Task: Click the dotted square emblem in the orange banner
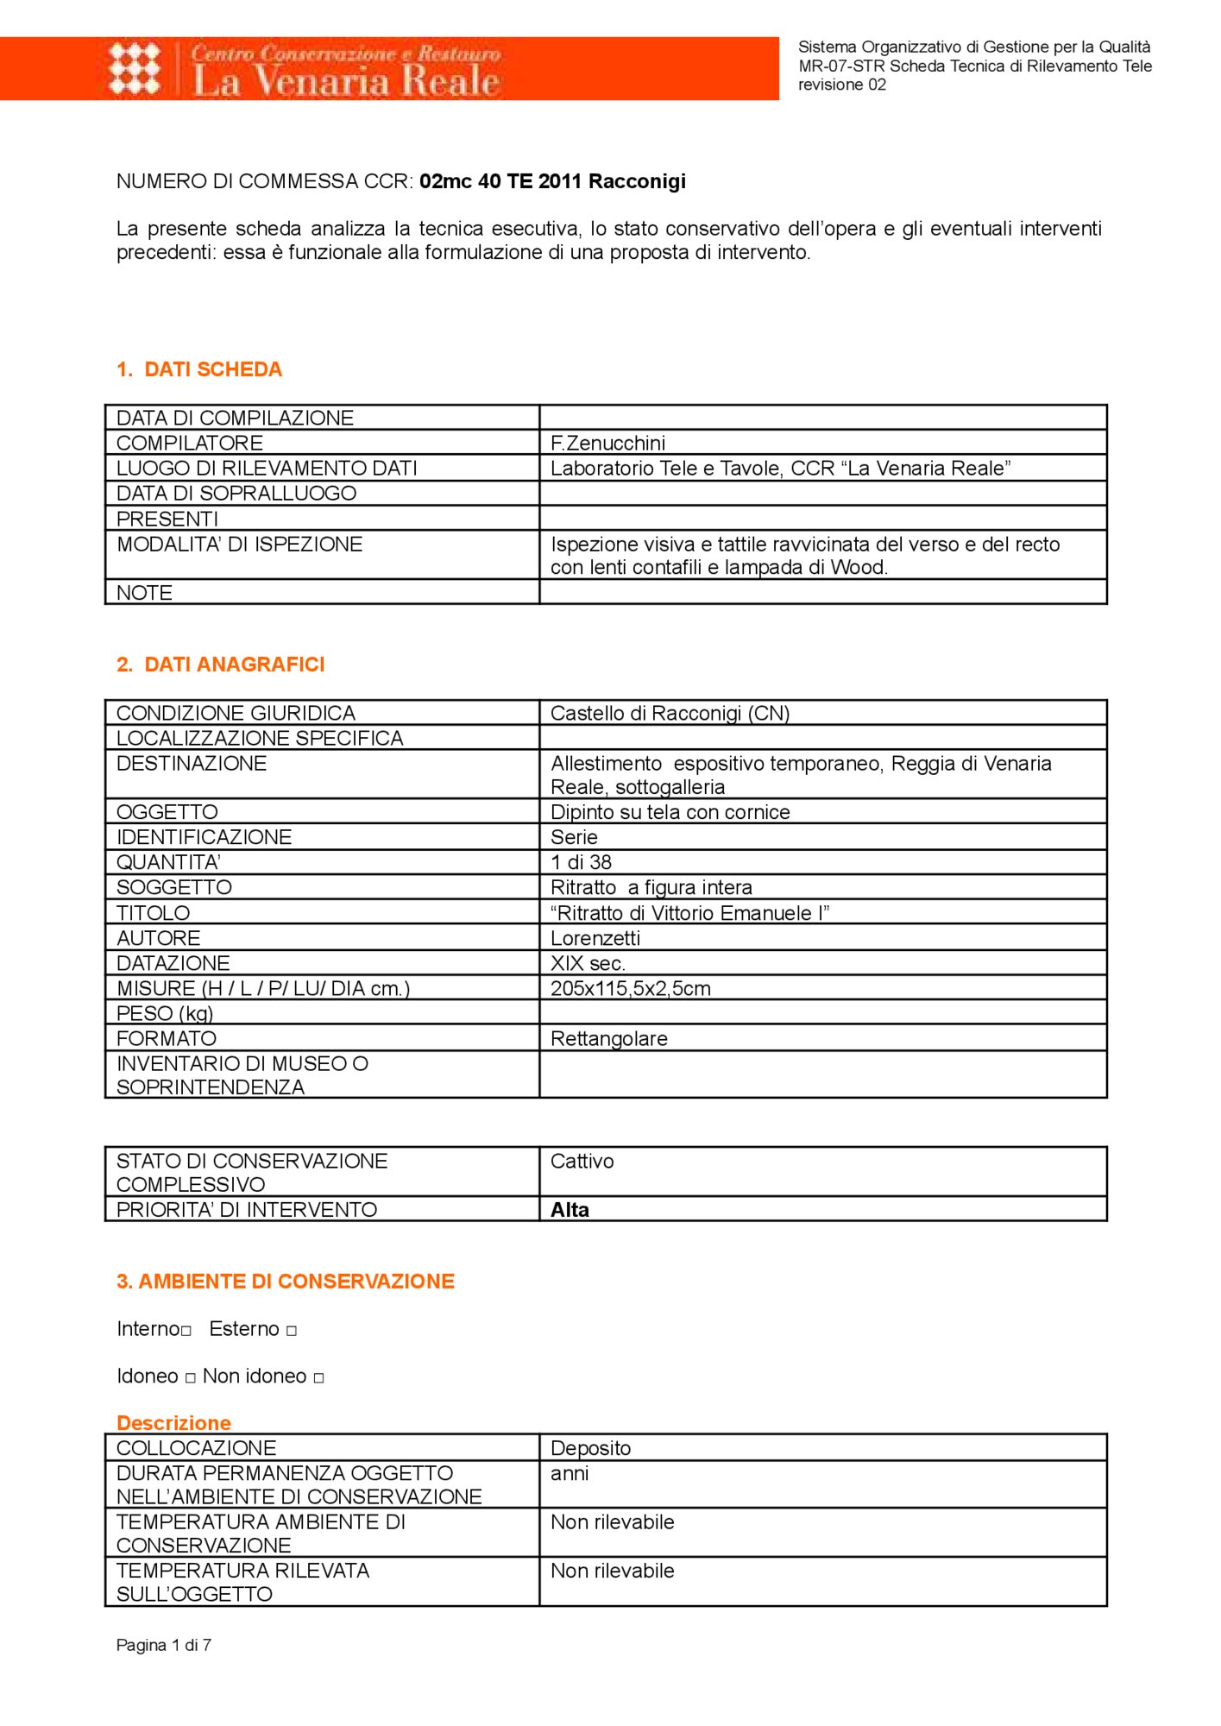click(135, 68)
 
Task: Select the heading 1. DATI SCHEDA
click(199, 369)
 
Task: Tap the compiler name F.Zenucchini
click(608, 443)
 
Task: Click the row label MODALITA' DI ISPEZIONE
click(240, 545)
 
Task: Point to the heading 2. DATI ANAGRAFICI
click(221, 665)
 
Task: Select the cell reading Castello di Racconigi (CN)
click(670, 714)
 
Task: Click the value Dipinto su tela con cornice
click(670, 812)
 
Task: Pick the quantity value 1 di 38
click(582, 862)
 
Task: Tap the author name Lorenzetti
click(595, 938)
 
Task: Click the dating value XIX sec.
click(588, 963)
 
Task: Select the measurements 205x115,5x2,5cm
click(631, 988)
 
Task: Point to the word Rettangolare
click(609, 1039)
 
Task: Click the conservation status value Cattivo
click(582, 1162)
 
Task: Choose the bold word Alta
click(570, 1210)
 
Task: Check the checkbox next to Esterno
click(292, 1331)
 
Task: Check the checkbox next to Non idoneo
click(319, 1378)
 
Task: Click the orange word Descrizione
click(173, 1423)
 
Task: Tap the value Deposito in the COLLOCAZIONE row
click(591, 1448)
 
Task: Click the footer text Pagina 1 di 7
click(164, 1645)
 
